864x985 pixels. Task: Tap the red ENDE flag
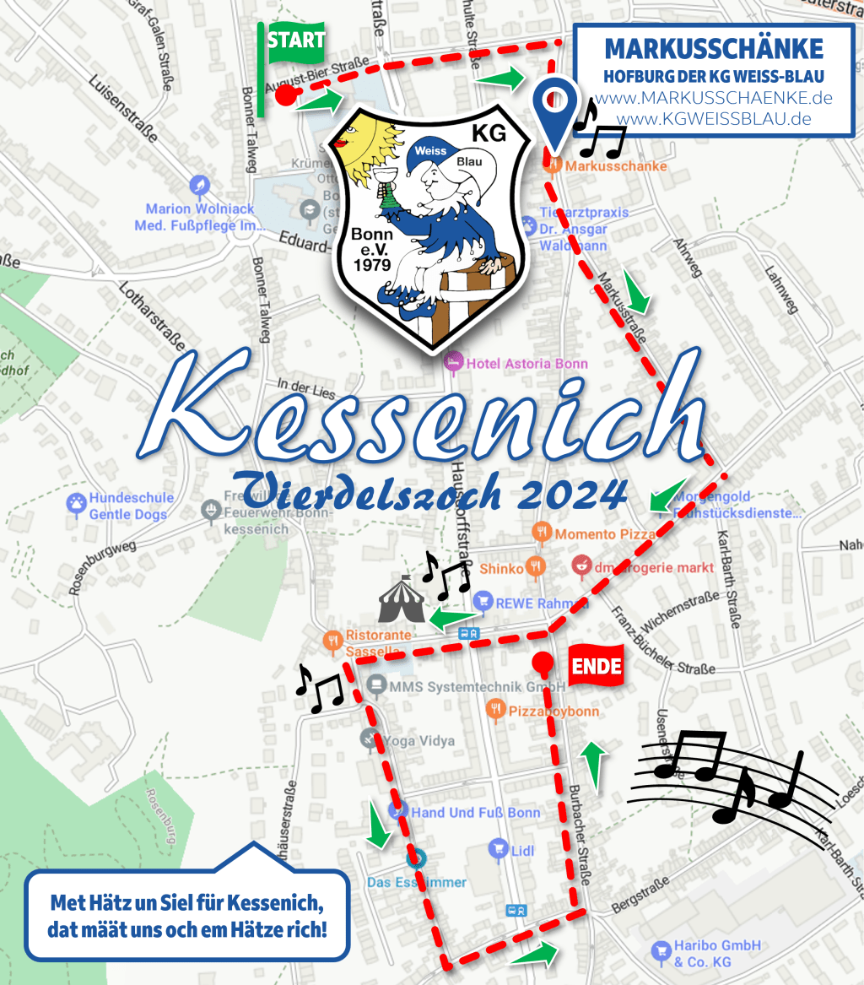tap(597, 668)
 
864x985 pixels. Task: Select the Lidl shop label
tap(522, 851)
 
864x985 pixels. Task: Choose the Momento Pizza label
tap(605, 535)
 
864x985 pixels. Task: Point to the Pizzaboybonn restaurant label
tap(553, 712)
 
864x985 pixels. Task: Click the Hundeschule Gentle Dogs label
tap(127, 506)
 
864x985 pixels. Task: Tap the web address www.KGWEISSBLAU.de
tap(715, 118)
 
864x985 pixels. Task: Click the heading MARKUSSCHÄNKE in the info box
tap(714, 48)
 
